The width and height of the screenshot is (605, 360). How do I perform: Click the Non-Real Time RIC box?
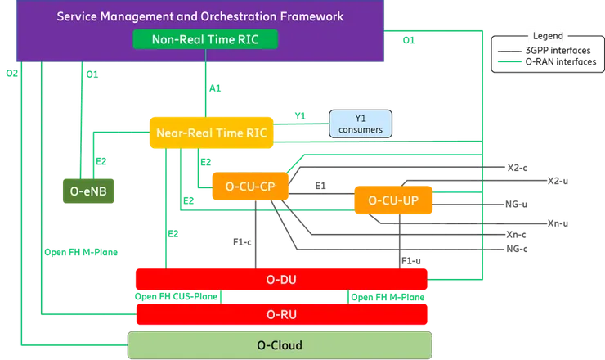(x=204, y=39)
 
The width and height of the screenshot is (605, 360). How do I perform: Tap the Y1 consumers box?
(x=360, y=124)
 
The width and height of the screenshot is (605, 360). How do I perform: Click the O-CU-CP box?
(x=249, y=187)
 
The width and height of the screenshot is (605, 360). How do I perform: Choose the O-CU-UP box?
(x=393, y=200)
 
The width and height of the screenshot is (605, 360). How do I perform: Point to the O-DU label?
(x=282, y=280)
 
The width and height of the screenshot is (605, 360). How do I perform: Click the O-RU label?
(x=282, y=313)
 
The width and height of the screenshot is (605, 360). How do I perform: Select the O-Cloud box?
(x=280, y=345)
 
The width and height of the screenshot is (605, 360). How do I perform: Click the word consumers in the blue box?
(x=360, y=129)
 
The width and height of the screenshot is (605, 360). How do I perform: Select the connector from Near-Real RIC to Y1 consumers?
(x=302, y=123)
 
